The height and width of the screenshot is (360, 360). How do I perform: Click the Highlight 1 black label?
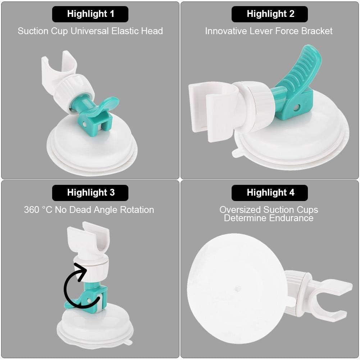coord(90,14)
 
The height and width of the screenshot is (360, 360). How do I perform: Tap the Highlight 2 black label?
coord(269,14)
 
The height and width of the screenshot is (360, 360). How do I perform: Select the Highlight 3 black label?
coord(90,193)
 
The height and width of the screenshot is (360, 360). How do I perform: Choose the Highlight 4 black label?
coord(269,193)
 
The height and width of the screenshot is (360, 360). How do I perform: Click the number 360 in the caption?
coord(31,210)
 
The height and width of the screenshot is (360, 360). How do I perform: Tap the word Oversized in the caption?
coord(240,210)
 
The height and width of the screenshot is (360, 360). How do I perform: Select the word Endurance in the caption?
coord(292,218)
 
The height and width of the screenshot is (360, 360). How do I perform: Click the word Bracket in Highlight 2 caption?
coord(317,31)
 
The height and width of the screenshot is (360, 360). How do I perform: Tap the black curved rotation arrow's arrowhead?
coord(82,271)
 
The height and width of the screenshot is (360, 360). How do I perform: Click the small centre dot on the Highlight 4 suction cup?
coord(237,288)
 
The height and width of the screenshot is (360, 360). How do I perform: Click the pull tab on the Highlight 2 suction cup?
coord(237,153)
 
